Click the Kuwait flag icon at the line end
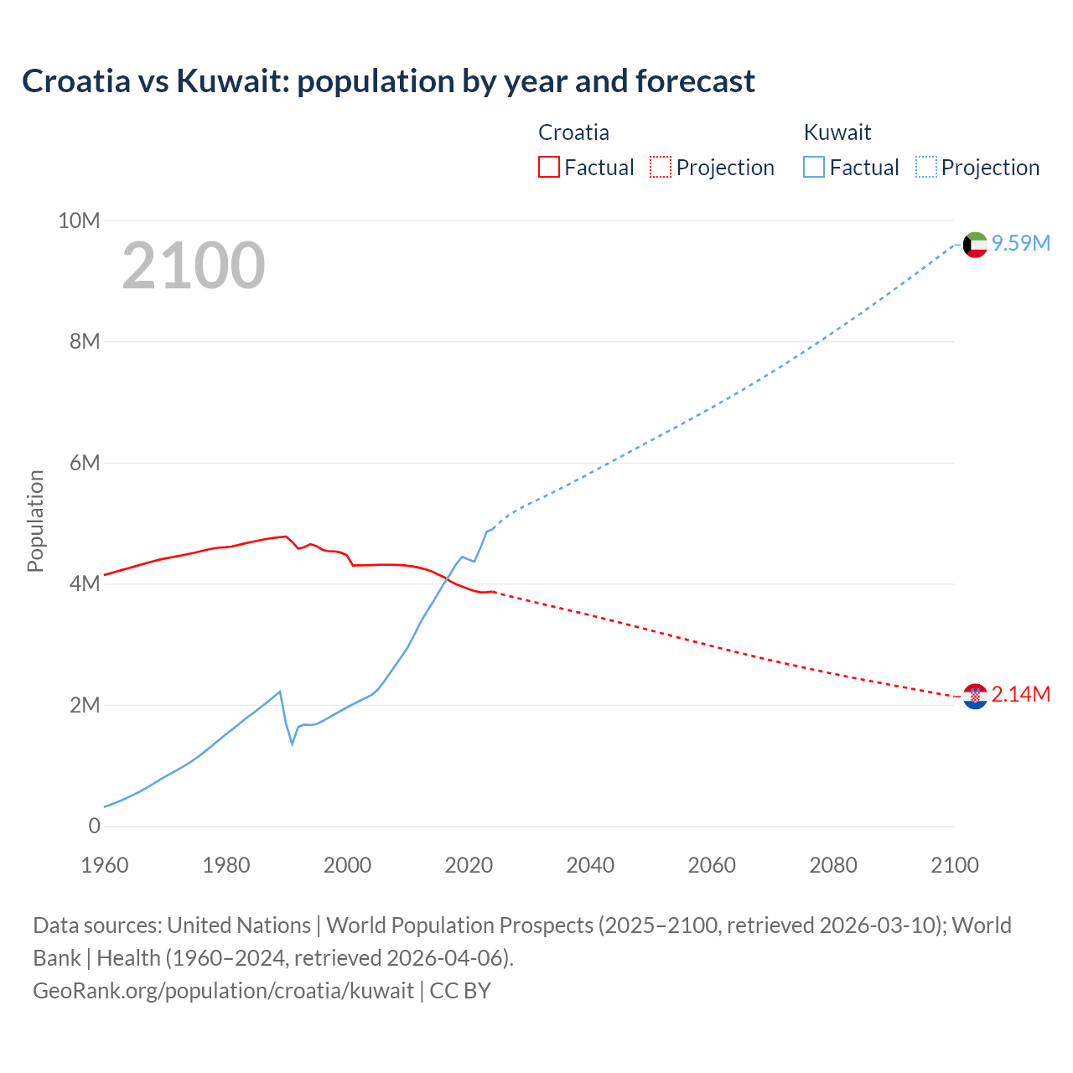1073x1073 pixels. (x=975, y=245)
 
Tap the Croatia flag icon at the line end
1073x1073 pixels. (x=975, y=696)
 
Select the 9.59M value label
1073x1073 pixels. (x=1020, y=243)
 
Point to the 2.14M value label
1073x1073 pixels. (x=1020, y=694)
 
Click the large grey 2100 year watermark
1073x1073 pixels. (x=194, y=266)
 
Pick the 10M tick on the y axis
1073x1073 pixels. (x=79, y=220)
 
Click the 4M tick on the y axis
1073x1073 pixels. (x=84, y=583)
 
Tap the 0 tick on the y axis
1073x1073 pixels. (x=94, y=826)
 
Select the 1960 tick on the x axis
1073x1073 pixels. (x=105, y=865)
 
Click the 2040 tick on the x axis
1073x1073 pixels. (x=590, y=865)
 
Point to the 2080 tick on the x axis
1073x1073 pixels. (x=833, y=865)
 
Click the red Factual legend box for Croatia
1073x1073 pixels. (x=548, y=167)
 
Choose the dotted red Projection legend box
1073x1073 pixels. (x=661, y=167)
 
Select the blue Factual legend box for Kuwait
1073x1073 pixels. (x=813, y=167)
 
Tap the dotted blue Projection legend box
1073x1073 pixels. (x=925, y=167)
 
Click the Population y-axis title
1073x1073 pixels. (x=35, y=521)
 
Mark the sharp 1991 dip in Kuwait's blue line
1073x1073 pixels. (x=293, y=743)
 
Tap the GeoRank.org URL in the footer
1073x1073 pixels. (x=223, y=991)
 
